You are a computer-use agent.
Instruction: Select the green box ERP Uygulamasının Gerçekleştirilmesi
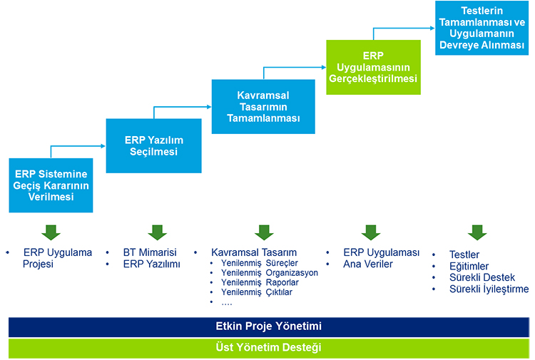click(374, 67)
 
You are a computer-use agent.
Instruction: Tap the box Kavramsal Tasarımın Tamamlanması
click(263, 106)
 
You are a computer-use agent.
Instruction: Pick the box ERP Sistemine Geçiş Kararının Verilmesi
click(51, 185)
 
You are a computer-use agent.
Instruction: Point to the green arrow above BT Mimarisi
click(158, 232)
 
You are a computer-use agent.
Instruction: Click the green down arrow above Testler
click(477, 232)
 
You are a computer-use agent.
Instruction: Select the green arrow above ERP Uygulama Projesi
click(51, 232)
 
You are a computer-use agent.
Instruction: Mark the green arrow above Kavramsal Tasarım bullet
click(265, 232)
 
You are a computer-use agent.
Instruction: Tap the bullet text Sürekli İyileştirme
click(489, 289)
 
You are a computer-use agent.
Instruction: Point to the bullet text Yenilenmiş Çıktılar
click(257, 292)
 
